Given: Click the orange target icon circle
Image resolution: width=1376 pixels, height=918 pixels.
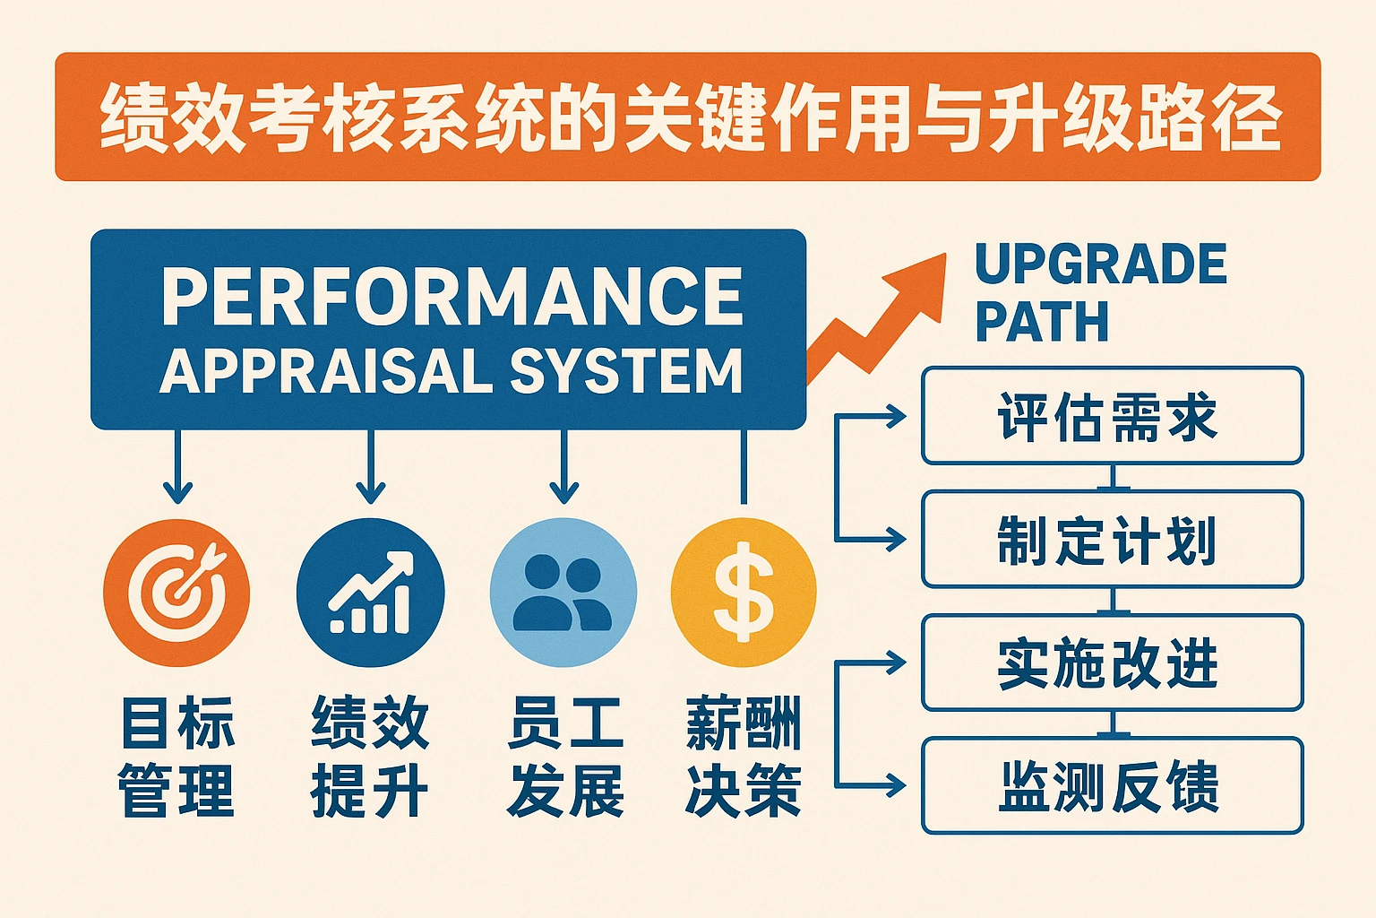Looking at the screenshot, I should [x=176, y=593].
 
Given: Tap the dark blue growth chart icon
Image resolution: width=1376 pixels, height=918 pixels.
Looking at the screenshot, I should [x=370, y=593].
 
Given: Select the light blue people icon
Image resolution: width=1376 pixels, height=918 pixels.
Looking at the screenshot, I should [x=563, y=593].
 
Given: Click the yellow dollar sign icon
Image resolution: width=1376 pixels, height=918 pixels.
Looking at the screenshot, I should [x=744, y=593].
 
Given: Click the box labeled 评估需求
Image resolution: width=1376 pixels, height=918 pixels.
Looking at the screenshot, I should [x=1112, y=416].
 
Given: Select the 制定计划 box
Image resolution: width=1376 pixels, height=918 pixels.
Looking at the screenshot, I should [x=1112, y=540].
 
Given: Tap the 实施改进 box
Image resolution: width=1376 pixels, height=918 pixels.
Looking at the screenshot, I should [x=1112, y=663].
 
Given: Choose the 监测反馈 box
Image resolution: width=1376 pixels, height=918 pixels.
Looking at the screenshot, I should [x=1112, y=786].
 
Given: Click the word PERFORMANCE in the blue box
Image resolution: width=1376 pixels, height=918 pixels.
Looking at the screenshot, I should [x=452, y=298].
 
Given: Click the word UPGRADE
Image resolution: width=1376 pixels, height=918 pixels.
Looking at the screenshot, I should [x=1100, y=264].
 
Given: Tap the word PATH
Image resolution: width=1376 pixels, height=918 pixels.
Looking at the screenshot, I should [x=1041, y=322].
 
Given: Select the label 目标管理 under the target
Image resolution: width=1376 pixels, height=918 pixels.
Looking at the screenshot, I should [x=176, y=758].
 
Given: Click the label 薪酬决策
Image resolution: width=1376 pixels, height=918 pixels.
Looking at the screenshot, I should [x=744, y=758].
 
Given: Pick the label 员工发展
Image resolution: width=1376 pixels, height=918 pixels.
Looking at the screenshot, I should [x=564, y=758].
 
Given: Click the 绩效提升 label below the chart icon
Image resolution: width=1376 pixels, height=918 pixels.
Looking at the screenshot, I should [x=370, y=758].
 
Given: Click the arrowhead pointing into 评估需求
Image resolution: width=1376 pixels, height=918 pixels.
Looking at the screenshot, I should [x=896, y=416].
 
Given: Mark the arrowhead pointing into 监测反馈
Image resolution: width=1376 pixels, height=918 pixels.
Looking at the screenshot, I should [x=896, y=786].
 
